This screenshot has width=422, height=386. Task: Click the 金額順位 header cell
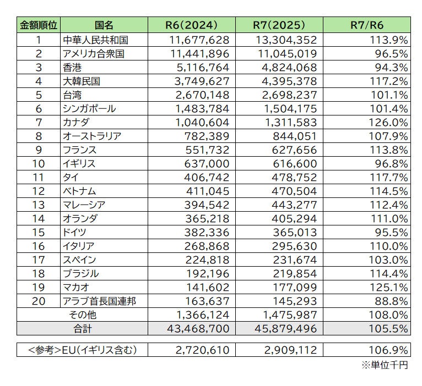click(x=39, y=25)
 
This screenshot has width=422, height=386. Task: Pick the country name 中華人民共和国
click(x=96, y=40)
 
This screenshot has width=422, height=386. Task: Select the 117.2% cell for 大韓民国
click(x=388, y=81)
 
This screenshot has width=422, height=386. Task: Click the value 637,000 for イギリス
click(x=203, y=163)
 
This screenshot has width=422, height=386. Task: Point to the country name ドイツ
click(x=76, y=232)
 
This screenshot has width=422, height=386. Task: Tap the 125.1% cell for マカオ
click(x=388, y=287)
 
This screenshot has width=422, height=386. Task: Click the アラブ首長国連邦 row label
click(x=100, y=301)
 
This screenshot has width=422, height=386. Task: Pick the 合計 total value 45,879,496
click(x=286, y=328)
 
